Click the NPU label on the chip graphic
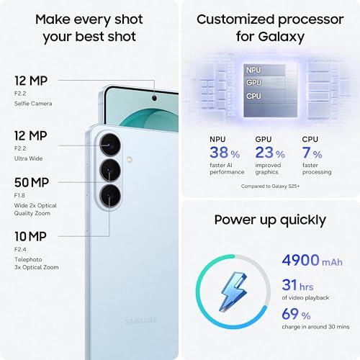[x=253, y=70]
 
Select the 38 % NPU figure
[x=225, y=153]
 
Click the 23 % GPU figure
[x=270, y=153]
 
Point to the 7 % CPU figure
[x=311, y=153]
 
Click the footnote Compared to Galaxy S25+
[x=271, y=187]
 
